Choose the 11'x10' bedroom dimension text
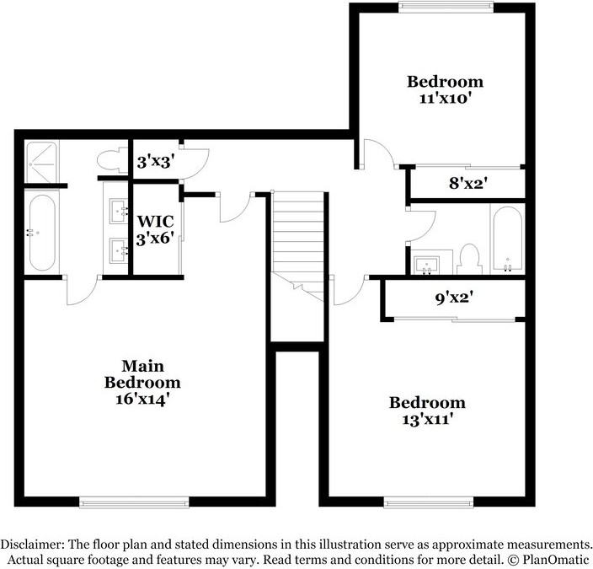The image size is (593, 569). click(445, 98)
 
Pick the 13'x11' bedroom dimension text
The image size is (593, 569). click(426, 419)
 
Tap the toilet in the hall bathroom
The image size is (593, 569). click(467, 260)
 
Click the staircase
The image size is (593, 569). click(299, 240)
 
